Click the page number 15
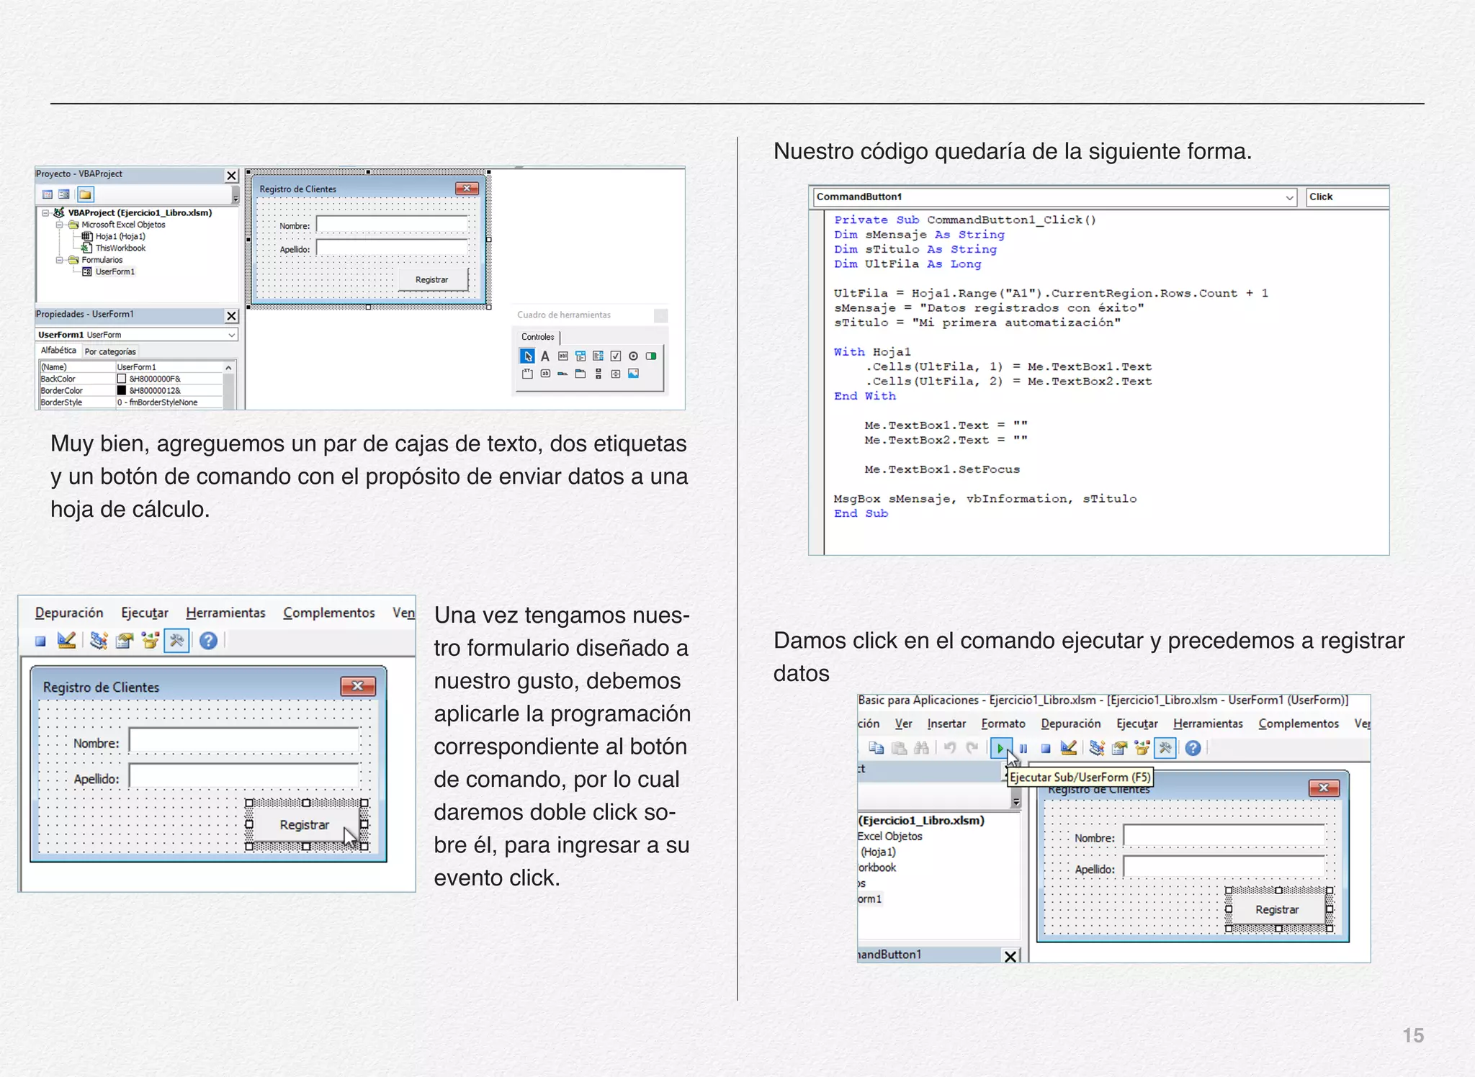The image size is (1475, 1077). [1412, 1035]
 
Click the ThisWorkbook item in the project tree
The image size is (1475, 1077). [120, 248]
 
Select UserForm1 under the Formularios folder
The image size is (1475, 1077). [115, 272]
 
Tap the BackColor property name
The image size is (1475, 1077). [58, 379]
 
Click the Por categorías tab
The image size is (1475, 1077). [110, 352]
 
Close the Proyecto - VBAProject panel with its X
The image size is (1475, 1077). [231, 176]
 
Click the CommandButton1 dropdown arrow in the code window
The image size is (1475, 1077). [1289, 197]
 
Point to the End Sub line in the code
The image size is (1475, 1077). [861, 513]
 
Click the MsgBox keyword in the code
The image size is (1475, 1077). [856, 499]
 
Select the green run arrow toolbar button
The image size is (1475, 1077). [1000, 749]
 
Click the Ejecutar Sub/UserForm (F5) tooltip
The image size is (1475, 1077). [1080, 778]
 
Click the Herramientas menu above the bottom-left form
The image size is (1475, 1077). [225, 613]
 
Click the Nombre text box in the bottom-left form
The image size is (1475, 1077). [243, 741]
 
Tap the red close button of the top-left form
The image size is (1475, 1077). [467, 189]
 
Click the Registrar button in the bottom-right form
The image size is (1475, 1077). [1277, 910]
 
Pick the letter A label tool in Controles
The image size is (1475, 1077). [545, 356]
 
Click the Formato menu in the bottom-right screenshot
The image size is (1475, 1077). [1003, 724]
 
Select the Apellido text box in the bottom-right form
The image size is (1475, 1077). [1224, 868]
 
